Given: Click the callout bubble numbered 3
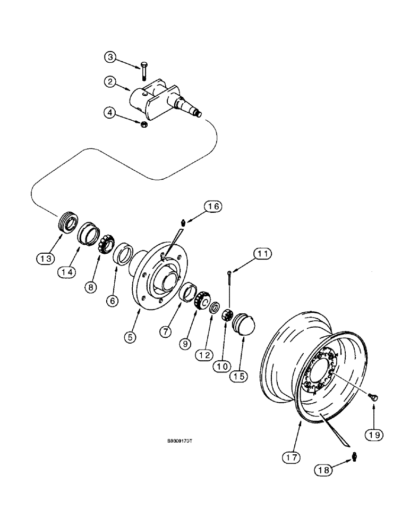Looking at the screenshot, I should (109, 57).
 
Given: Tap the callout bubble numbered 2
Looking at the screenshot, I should (109, 82).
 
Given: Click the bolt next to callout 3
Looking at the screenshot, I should (145, 70).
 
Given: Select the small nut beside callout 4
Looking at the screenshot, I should (143, 124).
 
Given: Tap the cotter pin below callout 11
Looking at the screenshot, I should (228, 282).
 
